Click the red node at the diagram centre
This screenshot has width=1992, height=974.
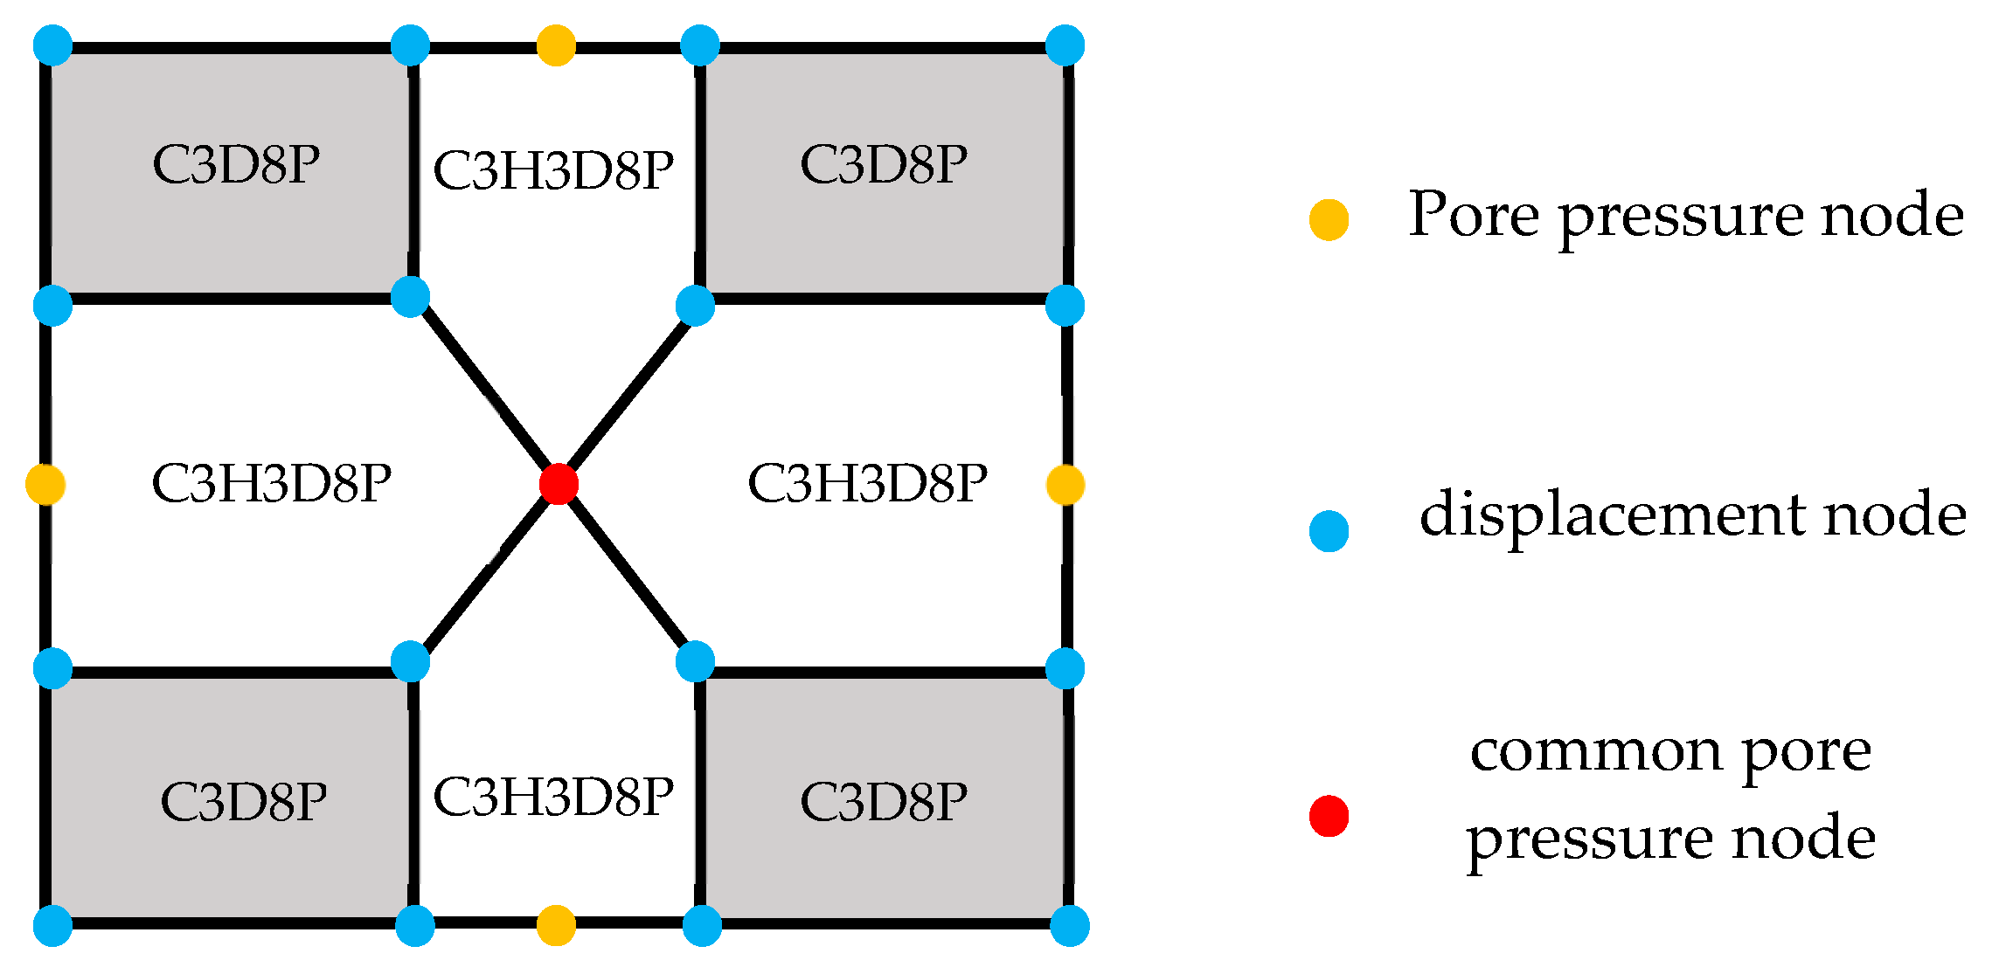click(559, 484)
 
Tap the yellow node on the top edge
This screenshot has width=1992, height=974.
click(556, 45)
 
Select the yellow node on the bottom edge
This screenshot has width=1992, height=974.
click(556, 925)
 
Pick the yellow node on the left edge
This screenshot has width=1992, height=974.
click(45, 484)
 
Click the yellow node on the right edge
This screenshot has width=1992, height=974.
click(1065, 484)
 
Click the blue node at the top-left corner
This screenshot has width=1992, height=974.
click(52, 45)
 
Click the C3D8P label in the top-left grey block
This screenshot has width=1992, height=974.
click(236, 164)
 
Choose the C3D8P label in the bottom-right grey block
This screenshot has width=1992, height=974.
click(884, 802)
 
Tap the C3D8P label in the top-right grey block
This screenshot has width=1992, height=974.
click(884, 164)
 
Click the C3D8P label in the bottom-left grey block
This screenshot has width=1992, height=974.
click(244, 802)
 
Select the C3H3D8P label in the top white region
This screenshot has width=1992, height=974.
click(553, 169)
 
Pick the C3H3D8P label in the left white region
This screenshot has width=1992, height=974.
click(271, 483)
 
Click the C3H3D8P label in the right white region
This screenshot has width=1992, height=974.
click(867, 483)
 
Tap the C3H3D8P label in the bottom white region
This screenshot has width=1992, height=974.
click(553, 797)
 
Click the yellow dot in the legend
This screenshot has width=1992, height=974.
click(1329, 219)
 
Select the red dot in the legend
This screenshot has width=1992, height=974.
click(1329, 816)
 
